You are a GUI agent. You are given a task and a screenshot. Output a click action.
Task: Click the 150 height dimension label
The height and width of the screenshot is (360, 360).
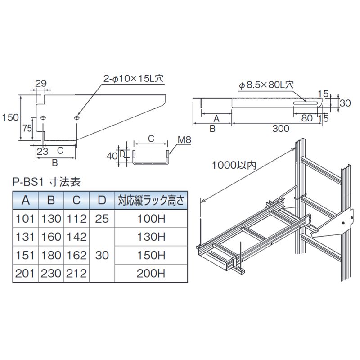tap(10, 117)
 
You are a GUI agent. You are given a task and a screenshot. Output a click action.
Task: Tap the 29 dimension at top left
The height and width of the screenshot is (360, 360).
tap(41, 83)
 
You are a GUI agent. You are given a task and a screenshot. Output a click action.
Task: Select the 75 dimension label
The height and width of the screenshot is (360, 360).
tap(27, 128)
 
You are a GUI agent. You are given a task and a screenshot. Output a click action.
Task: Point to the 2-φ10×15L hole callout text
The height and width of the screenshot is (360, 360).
tap(133, 79)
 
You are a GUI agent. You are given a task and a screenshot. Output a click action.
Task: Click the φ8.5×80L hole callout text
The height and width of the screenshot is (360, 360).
tap(266, 85)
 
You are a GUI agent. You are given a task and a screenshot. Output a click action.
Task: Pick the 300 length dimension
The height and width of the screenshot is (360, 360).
tap(281, 129)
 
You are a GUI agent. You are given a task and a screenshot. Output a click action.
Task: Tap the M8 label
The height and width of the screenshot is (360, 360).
tap(184, 139)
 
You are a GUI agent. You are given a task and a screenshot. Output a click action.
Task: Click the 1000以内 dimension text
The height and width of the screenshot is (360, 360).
tap(234, 165)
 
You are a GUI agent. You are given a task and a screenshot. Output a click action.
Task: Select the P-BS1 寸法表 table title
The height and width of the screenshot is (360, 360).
tap(47, 182)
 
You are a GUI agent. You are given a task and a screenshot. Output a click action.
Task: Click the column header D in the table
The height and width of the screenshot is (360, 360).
tap(102, 200)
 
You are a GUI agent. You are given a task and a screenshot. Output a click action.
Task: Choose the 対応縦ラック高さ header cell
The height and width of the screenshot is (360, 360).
tap(151, 200)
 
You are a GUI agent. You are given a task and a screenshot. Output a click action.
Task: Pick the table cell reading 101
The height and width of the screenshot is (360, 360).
tap(25, 219)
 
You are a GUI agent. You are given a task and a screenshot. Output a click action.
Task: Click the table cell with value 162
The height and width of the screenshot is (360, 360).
tap(76, 255)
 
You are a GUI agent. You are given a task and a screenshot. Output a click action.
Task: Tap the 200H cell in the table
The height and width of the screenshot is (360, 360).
tap(151, 273)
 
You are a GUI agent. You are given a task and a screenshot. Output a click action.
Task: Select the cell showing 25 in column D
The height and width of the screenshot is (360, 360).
tap(102, 219)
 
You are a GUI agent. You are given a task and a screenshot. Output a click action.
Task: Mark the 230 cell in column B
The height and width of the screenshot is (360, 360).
tap(51, 273)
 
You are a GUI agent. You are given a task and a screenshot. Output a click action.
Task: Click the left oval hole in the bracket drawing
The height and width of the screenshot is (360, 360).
tap(43, 118)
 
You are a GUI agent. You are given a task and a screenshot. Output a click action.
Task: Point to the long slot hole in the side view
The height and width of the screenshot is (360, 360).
tap(306, 103)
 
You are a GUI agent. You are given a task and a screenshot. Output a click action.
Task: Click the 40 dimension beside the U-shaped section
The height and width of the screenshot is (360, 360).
tap(112, 156)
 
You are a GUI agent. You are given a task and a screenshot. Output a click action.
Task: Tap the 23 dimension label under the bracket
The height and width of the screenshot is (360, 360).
tap(43, 152)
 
